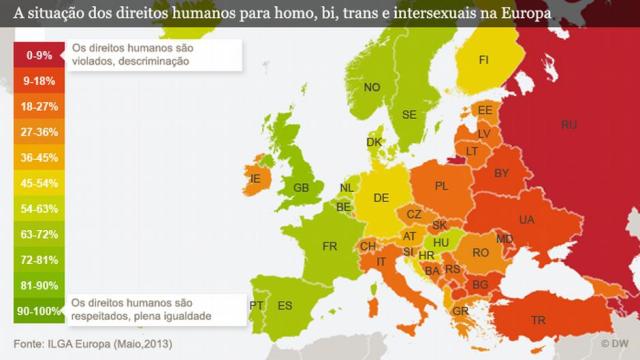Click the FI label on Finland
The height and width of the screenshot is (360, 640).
tap(483, 60)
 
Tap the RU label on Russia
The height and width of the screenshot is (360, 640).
tap(569, 125)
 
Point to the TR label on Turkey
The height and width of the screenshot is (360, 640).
tap(539, 320)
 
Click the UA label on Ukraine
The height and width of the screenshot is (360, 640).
tap(527, 220)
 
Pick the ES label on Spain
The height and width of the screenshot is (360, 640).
tap(285, 306)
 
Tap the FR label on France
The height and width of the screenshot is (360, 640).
tap(330, 246)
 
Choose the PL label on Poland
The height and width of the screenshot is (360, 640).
tap(441, 185)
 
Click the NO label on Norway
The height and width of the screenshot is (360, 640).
tap(372, 88)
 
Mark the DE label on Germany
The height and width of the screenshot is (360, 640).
tap(381, 198)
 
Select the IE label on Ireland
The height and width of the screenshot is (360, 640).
tap(255, 179)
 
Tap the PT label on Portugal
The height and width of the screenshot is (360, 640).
tap(256, 305)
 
